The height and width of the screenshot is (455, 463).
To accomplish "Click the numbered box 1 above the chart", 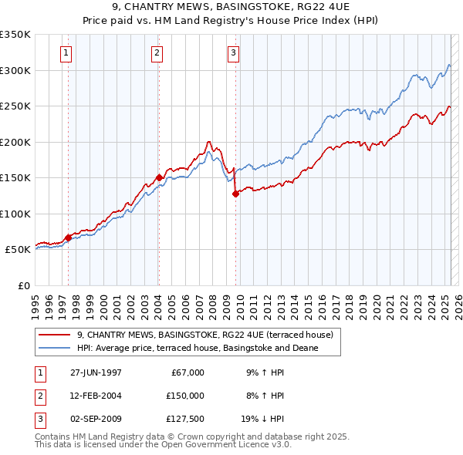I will pos(66,53).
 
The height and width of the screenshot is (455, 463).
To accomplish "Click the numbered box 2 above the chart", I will pos(157,53).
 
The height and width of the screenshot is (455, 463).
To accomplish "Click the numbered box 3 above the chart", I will pos(232,53).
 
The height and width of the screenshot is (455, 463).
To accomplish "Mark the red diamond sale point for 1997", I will pos(68,238).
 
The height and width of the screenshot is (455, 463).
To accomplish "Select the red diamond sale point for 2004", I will pos(159,177).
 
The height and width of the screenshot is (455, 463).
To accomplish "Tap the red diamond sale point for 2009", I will pos(235,194).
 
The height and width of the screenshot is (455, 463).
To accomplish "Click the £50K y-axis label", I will pos(18,250).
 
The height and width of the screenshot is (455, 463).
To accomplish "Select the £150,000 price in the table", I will pos(185,396).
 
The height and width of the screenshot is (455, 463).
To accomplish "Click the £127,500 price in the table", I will pos(185,420).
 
